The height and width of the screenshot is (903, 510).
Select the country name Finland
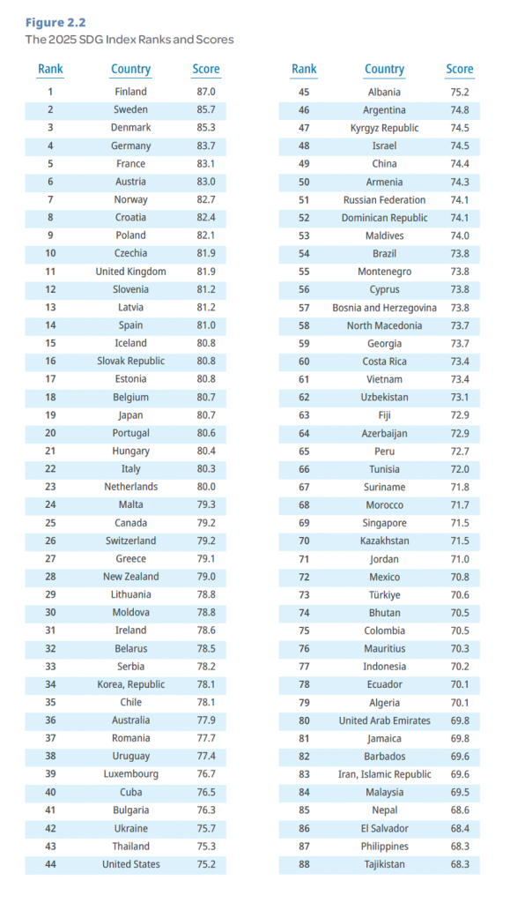130,92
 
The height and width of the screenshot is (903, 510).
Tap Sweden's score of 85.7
206,109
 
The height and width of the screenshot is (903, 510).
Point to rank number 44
50,864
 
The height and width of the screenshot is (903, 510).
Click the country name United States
131,864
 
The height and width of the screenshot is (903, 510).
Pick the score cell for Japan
206,414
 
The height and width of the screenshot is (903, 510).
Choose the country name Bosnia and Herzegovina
384,308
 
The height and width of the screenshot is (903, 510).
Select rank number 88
304,864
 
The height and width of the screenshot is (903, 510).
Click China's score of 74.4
460,163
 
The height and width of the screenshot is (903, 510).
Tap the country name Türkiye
385,595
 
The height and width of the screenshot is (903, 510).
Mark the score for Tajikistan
460,864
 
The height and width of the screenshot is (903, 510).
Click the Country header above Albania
385,69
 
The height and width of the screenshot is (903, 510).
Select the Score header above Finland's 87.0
206,69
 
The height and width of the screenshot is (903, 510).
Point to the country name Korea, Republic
131,684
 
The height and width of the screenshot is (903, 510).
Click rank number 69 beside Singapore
304,523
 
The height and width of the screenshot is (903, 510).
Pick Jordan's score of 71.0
460,558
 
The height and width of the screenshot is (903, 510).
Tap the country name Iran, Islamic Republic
385,774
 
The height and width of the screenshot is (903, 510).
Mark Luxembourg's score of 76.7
206,774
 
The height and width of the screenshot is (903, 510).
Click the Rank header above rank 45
304,69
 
